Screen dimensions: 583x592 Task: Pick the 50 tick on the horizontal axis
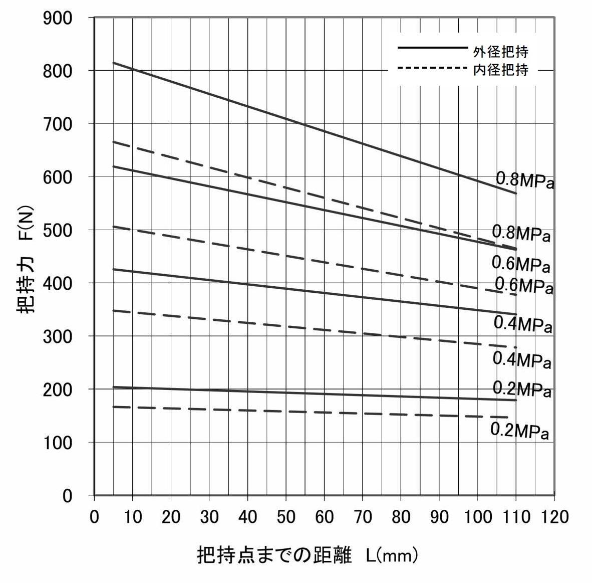tap(285, 517)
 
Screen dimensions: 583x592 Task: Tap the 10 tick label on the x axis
tap(133, 517)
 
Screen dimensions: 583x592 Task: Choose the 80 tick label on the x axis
tap(401, 517)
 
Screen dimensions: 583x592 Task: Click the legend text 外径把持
tap(501, 51)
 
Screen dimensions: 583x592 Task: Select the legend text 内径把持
tap(501, 69)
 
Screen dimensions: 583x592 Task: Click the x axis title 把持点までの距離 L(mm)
tap(308, 555)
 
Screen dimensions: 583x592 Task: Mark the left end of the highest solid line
tap(114, 63)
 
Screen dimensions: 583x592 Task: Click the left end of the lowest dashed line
tap(114, 407)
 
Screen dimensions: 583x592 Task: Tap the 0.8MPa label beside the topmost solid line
tap(525, 180)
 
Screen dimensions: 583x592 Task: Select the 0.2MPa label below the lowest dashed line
tap(519, 431)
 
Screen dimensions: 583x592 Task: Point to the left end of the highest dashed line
tap(114, 142)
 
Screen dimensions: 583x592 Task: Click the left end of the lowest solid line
tap(114, 387)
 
